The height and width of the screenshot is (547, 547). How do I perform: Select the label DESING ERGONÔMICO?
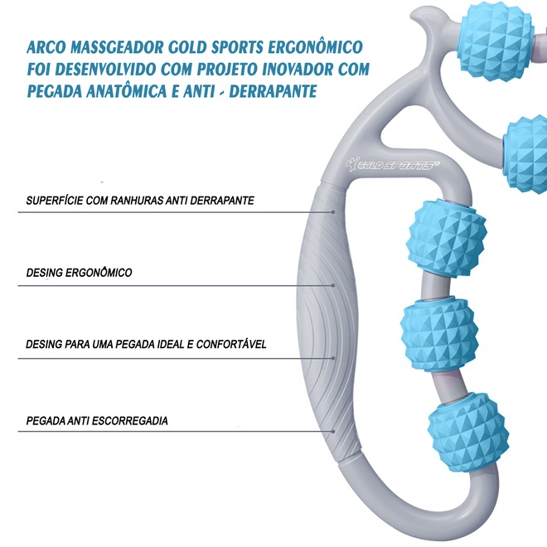pyautogui.click(x=79, y=272)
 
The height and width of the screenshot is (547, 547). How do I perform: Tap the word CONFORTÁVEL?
pyautogui.click(x=230, y=343)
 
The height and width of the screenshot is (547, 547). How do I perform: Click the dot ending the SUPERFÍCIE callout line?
pyautogui.click(x=333, y=212)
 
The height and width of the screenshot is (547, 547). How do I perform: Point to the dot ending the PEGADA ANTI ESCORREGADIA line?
pyautogui.click(x=333, y=433)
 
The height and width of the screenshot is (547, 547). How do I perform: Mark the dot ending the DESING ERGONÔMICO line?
pyautogui.click(x=333, y=284)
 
